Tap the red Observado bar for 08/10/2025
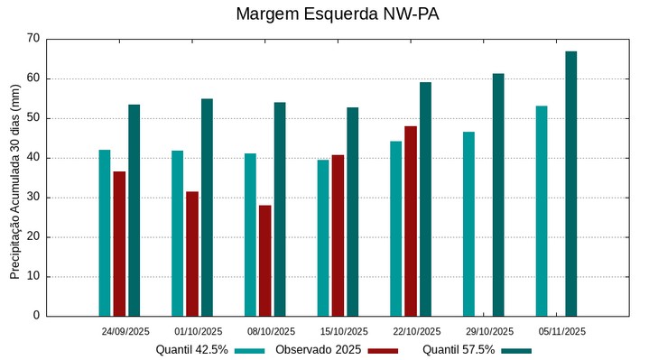(x=264, y=261)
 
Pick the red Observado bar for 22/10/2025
(x=411, y=221)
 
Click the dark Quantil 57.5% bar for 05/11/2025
(x=571, y=184)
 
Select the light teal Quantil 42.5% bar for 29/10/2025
(x=469, y=224)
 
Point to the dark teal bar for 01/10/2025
(x=207, y=208)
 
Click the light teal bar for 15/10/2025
(x=323, y=238)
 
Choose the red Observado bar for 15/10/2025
(x=338, y=235)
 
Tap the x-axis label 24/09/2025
(x=125, y=331)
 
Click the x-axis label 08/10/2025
(x=271, y=331)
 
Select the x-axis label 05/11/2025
(x=561, y=331)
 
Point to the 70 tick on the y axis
(x=33, y=39)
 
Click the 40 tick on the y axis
(x=33, y=158)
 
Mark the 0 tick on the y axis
(x=37, y=316)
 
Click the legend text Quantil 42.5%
(x=191, y=350)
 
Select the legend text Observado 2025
(x=319, y=350)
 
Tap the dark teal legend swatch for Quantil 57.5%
(x=516, y=350)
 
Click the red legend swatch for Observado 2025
(x=383, y=350)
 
